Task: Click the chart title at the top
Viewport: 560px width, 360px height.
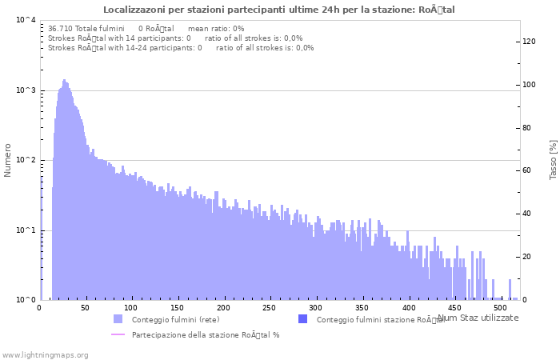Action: [x=279, y=10]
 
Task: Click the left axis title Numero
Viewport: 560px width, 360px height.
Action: [x=8, y=160]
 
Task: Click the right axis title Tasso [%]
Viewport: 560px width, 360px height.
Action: [x=553, y=159]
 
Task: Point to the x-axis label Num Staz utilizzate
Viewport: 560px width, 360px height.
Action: [x=478, y=318]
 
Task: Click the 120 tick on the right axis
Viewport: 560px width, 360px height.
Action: [x=529, y=42]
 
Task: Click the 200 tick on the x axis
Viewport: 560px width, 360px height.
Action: [x=223, y=307]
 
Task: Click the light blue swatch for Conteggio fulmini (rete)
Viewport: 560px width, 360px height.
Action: [x=118, y=319]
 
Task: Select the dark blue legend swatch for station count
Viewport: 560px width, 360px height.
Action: [x=302, y=319]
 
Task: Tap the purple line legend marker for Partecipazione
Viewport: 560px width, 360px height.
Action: [x=118, y=334]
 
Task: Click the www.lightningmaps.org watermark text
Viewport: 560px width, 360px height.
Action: [x=46, y=354]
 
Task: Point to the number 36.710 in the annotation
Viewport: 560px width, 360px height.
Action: [x=60, y=28]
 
